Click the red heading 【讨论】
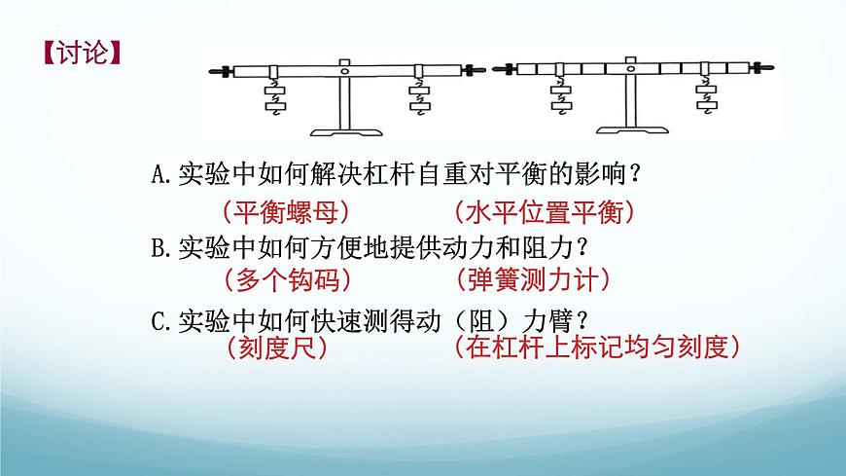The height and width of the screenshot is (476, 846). (82, 54)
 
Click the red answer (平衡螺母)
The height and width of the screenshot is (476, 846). (286, 212)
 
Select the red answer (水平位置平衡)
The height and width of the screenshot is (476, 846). (545, 212)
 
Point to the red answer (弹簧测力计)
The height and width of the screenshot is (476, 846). (533, 280)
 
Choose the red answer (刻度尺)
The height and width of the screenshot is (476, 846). (277, 348)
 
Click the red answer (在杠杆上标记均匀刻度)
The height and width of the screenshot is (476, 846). (597, 348)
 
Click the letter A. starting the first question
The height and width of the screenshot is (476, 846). (161, 174)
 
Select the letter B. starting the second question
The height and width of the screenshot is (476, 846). (161, 248)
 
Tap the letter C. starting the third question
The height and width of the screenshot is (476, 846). (161, 322)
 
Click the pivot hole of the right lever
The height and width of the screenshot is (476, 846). (630, 69)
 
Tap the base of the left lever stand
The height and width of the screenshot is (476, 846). (346, 132)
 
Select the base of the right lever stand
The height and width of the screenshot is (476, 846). (632, 129)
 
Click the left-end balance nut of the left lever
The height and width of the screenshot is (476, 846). (222, 71)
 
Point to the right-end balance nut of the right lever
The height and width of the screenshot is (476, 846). (762, 68)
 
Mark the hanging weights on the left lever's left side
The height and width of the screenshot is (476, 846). (275, 96)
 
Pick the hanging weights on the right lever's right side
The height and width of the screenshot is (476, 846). (706, 94)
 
